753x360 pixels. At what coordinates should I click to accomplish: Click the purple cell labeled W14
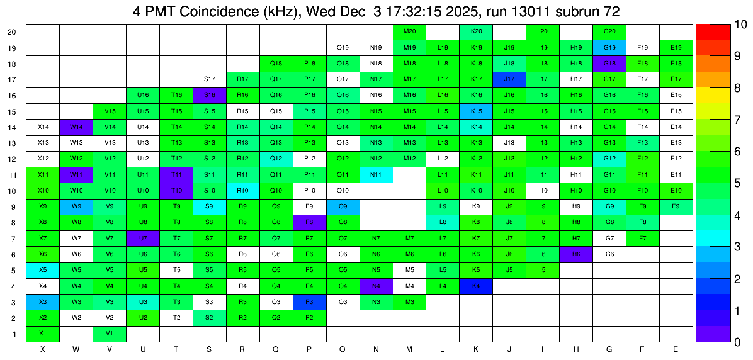[x=76, y=127]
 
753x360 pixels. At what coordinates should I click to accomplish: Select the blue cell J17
[x=509, y=79]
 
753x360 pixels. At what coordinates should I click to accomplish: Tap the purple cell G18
[x=609, y=63]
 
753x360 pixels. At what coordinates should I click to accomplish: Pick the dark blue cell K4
[x=476, y=286]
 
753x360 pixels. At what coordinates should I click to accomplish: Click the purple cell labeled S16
[x=210, y=94]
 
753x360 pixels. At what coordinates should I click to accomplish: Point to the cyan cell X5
[x=43, y=269]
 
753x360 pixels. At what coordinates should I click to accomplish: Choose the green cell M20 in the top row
[x=409, y=31]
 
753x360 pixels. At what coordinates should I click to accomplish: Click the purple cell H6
[x=576, y=254]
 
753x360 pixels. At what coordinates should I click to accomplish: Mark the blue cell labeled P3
[x=309, y=301]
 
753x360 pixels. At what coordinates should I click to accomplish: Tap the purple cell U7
[x=143, y=238]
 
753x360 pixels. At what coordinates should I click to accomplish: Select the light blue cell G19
[x=609, y=47]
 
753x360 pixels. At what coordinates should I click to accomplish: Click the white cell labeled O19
[x=343, y=47]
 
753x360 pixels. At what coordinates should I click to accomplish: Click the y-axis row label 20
[x=12, y=31]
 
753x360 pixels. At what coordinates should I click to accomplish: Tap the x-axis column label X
[x=43, y=348]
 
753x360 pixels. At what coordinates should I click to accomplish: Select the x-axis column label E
[x=676, y=348]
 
